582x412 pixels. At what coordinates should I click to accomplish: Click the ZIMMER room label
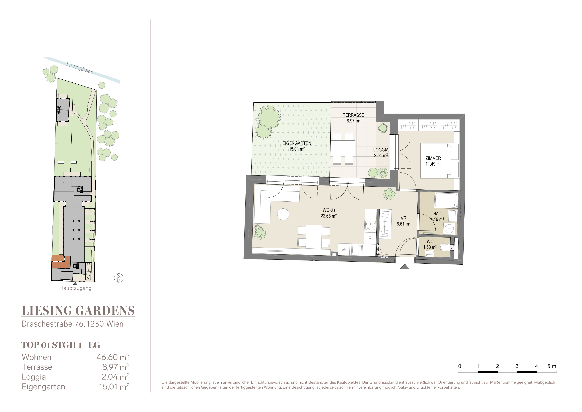click(x=433, y=158)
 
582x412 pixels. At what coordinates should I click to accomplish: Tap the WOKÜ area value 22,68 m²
click(x=329, y=216)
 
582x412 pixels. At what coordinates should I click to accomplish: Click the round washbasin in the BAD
click(x=449, y=229)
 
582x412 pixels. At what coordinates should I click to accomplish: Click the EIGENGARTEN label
click(x=297, y=143)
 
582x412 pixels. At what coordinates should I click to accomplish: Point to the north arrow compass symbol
click(x=118, y=278)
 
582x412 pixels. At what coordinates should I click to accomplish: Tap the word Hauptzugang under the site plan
click(x=75, y=288)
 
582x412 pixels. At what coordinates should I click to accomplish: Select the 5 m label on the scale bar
click(x=552, y=366)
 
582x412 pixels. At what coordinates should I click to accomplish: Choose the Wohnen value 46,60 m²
click(x=113, y=357)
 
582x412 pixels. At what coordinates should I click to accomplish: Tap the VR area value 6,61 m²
click(x=403, y=224)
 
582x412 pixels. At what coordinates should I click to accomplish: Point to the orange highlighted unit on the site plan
click(x=61, y=263)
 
